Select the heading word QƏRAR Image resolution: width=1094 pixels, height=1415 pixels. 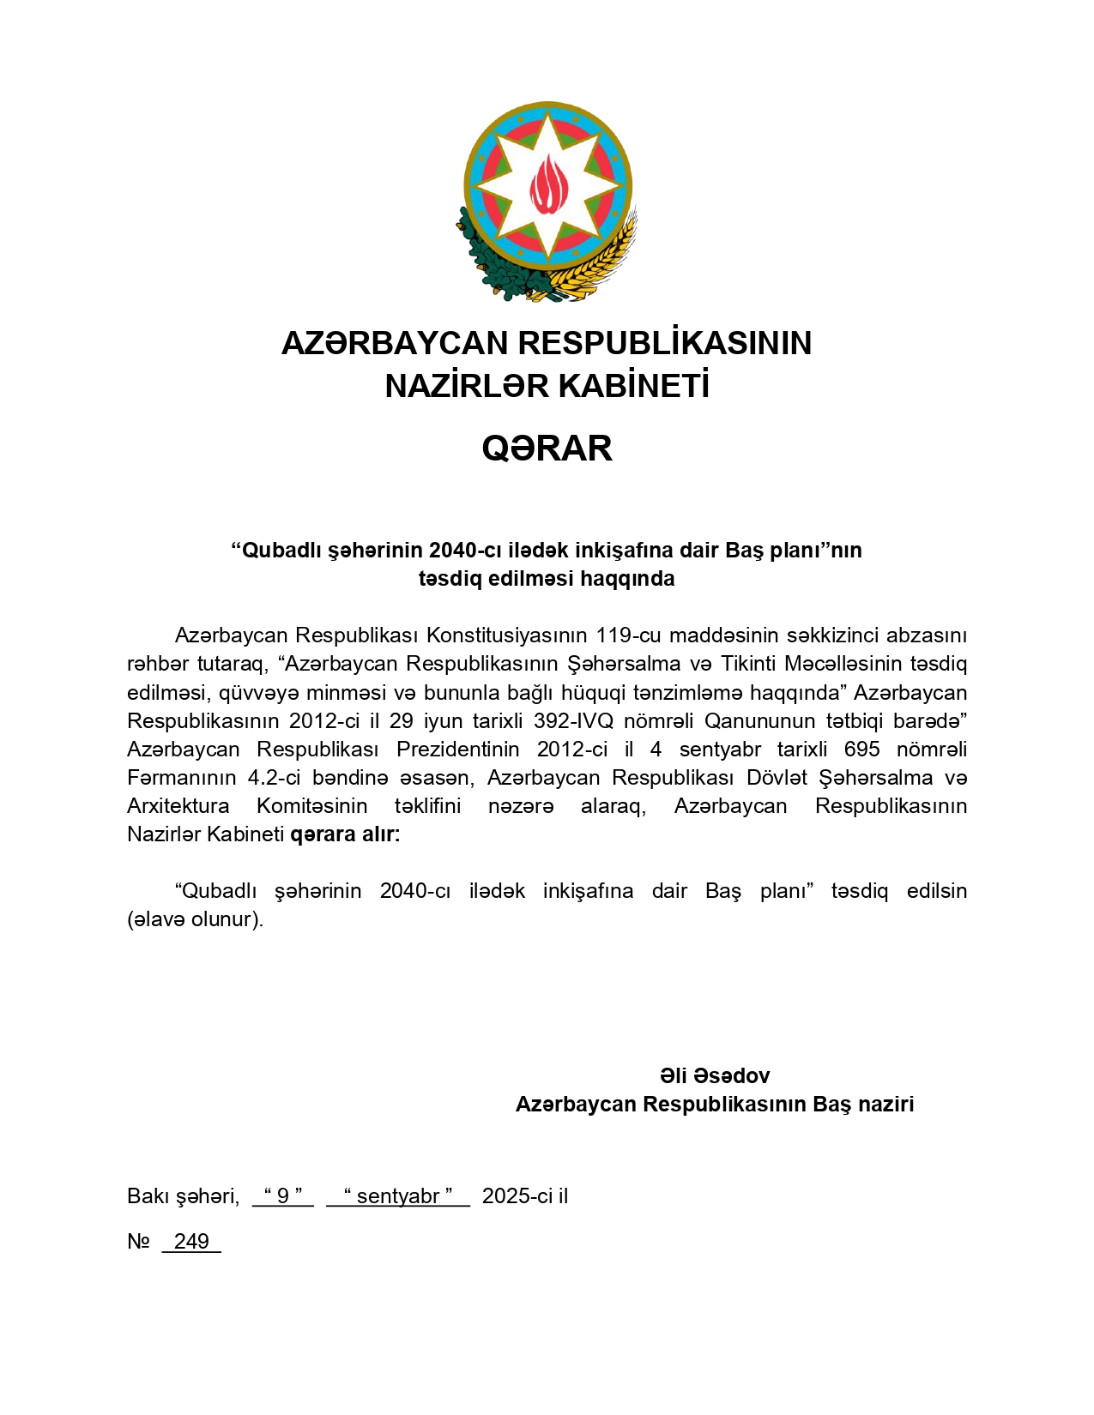click(547, 449)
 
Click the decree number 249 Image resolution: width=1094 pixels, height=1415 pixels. click(191, 1241)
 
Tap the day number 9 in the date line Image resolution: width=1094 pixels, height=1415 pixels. click(283, 1195)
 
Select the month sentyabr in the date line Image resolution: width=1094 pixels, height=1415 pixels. click(398, 1195)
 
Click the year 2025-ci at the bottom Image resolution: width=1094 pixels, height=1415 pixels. click(513, 1195)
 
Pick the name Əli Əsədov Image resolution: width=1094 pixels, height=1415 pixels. click(715, 1075)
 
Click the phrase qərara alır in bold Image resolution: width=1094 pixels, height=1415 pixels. click(345, 834)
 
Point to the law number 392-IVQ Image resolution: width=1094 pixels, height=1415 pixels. click(573, 720)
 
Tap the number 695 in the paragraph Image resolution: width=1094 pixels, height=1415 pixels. click(861, 749)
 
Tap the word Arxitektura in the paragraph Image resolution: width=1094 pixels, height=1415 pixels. click(178, 805)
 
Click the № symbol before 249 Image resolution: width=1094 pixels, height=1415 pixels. click(138, 1241)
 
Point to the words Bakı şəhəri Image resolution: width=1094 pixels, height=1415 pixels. click(183, 1195)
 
